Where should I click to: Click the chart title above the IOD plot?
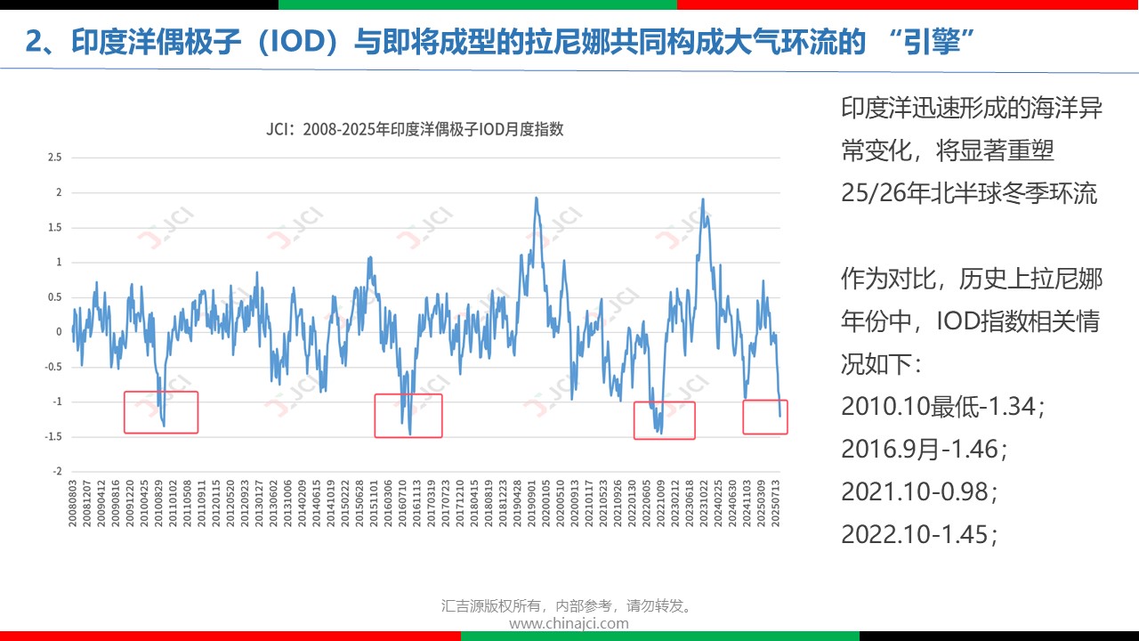pos(415,129)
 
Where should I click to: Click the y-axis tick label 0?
pos(59,332)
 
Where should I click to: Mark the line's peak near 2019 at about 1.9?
pos(536,198)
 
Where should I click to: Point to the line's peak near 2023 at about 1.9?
pos(703,199)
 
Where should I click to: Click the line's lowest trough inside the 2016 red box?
pos(410,434)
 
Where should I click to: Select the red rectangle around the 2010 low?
pos(160,412)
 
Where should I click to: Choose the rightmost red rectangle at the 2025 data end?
pos(765,417)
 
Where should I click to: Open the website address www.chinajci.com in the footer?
pos(569,623)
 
